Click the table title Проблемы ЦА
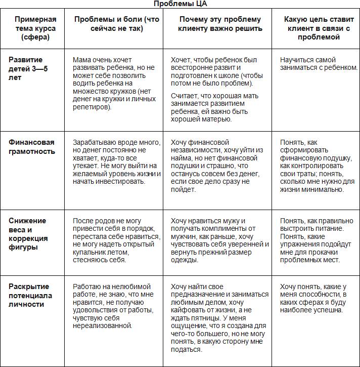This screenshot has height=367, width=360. [x=180, y=4]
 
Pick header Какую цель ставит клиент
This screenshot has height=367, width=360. [x=317, y=28]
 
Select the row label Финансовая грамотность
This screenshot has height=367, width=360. [x=32, y=147]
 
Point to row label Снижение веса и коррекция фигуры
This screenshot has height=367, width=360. [x=28, y=234]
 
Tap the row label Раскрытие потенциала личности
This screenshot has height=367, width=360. [x=30, y=296]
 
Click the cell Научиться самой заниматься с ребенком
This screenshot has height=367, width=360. [x=319, y=64]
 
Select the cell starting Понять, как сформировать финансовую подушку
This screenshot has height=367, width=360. [x=317, y=166]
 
